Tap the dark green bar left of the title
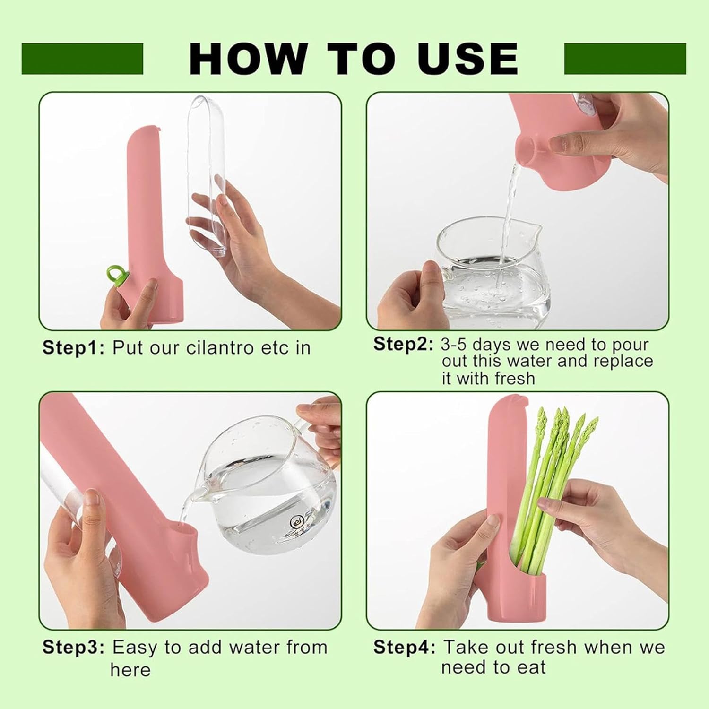pos(82,59)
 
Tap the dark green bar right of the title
pos(625,59)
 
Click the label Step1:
pos(73,348)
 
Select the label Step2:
pos(403,344)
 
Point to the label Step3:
pos(73,647)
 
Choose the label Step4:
pos(404,647)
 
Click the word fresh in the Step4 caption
pos(560,647)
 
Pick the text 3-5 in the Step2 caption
pos(455,345)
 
